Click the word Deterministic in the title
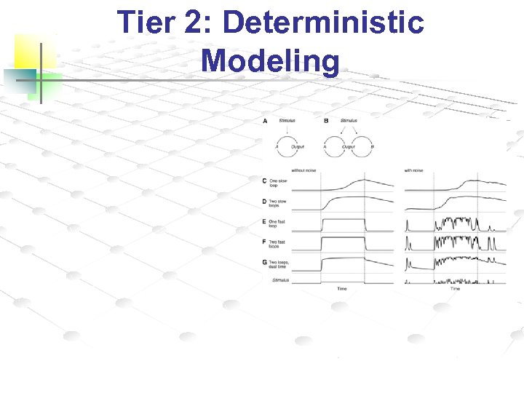323,23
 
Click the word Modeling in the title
271,61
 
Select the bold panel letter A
265,121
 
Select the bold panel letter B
325,121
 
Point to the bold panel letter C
265,181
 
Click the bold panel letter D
265,201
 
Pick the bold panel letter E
265,221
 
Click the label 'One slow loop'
278,183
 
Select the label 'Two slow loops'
278,203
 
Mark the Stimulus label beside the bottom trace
279,280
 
